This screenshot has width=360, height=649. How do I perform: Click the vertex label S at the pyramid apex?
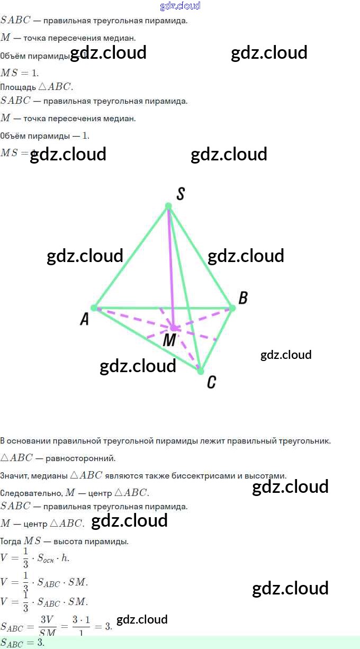click(180, 194)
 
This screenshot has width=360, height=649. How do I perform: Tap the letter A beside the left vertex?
click(84, 319)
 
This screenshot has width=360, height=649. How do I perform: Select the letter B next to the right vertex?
click(243, 298)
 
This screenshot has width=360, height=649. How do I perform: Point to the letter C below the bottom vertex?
click(211, 382)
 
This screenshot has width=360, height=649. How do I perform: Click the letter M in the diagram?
click(169, 340)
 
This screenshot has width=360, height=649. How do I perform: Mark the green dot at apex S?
click(168, 206)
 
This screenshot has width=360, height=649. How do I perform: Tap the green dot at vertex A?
click(94, 308)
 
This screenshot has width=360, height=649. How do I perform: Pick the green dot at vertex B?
click(232, 308)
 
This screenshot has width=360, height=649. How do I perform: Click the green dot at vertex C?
click(200, 371)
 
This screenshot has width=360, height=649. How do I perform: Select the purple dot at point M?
click(174, 328)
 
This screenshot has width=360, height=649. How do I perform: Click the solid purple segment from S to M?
click(171, 265)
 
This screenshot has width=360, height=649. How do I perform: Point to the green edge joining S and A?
click(131, 257)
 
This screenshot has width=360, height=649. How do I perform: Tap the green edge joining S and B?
click(200, 257)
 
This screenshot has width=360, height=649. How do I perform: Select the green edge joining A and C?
click(147, 339)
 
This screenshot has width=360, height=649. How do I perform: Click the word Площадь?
click(18, 87)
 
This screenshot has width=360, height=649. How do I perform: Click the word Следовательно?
click(31, 493)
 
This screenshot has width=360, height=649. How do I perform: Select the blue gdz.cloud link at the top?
click(180, 6)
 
